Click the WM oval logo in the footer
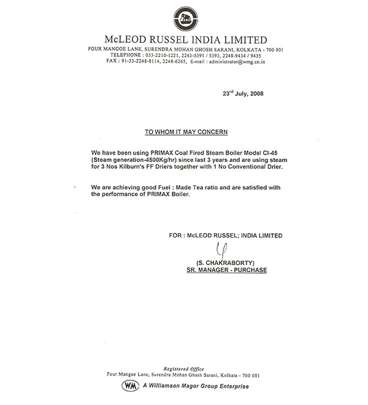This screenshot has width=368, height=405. [130, 385]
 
